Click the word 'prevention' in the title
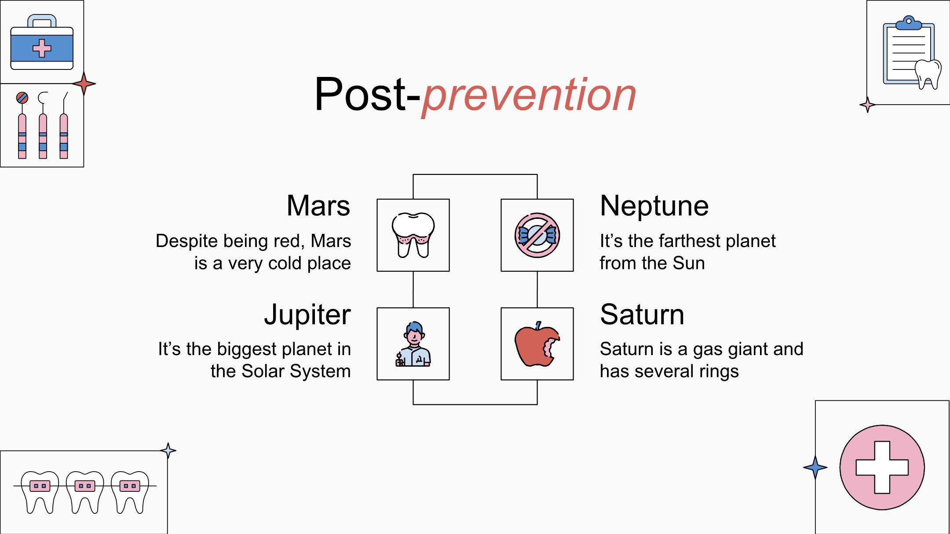point(529,95)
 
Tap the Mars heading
point(318,206)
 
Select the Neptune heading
point(654,206)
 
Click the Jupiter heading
point(307,315)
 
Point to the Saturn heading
point(642,315)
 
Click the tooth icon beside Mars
point(413,235)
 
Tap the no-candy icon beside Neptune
point(537,235)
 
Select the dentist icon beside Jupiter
point(413,344)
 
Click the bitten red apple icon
point(537,344)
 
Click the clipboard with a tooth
point(911,52)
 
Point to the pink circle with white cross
point(882,467)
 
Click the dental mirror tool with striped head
point(22,125)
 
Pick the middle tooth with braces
point(85,492)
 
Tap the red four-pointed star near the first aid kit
point(84,84)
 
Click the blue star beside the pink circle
point(815,467)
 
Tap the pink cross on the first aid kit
point(42,48)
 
